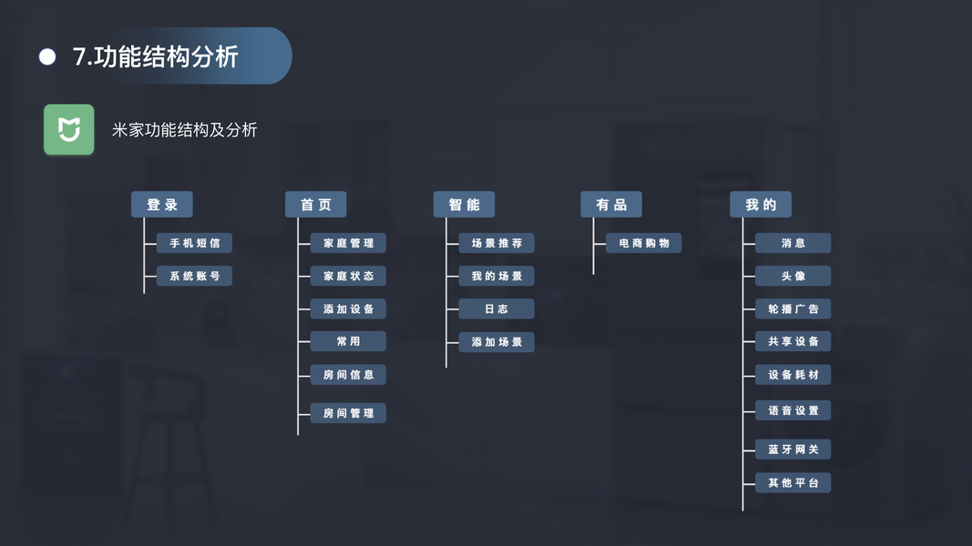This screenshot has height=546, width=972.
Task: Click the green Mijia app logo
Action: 69,129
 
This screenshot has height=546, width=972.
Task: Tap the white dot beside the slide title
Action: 47,57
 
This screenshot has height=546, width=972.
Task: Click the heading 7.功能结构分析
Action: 155,57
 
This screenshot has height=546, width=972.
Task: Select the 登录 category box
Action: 162,205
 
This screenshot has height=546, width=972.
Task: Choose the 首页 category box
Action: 316,205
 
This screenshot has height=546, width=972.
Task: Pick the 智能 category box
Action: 464,205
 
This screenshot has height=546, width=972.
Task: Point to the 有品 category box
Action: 611,205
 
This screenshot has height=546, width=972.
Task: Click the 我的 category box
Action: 761,205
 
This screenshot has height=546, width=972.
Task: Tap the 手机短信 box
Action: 194,243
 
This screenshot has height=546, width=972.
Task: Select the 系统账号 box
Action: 194,276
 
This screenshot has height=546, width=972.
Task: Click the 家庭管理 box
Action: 348,243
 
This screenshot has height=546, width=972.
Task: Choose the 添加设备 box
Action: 348,308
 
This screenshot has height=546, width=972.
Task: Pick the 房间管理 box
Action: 348,413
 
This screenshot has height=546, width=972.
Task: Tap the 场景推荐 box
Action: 496,243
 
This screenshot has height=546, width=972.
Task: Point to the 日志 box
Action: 496,308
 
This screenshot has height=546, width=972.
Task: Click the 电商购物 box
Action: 644,243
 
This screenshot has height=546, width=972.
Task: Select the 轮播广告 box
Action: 793,308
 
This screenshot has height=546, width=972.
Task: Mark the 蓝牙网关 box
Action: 793,450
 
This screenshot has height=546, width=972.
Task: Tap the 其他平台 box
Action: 793,482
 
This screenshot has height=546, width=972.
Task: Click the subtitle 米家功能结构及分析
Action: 185,130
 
